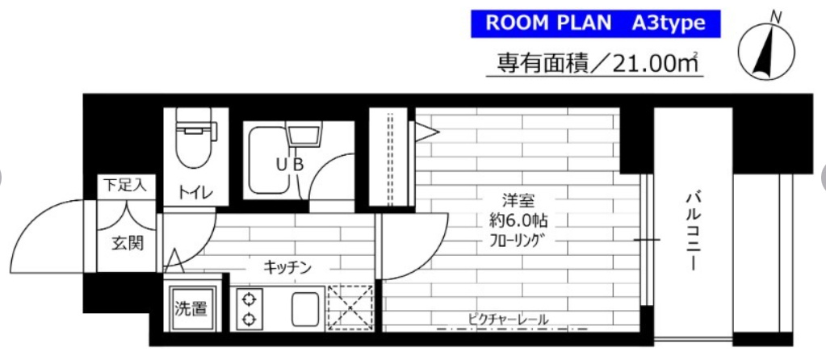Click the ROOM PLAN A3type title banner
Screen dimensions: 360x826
(x=595, y=23)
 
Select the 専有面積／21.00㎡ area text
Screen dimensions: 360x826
(x=593, y=63)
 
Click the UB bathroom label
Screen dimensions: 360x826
(x=291, y=164)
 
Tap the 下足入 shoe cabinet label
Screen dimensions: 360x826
(x=124, y=186)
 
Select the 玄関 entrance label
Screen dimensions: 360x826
(x=124, y=242)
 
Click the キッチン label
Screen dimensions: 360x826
(x=286, y=266)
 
